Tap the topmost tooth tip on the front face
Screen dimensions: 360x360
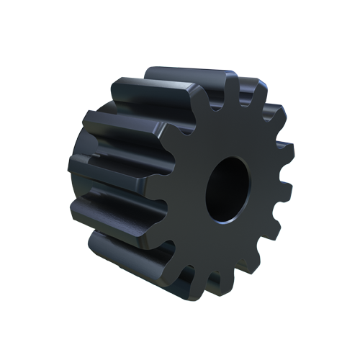pos(232,81)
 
